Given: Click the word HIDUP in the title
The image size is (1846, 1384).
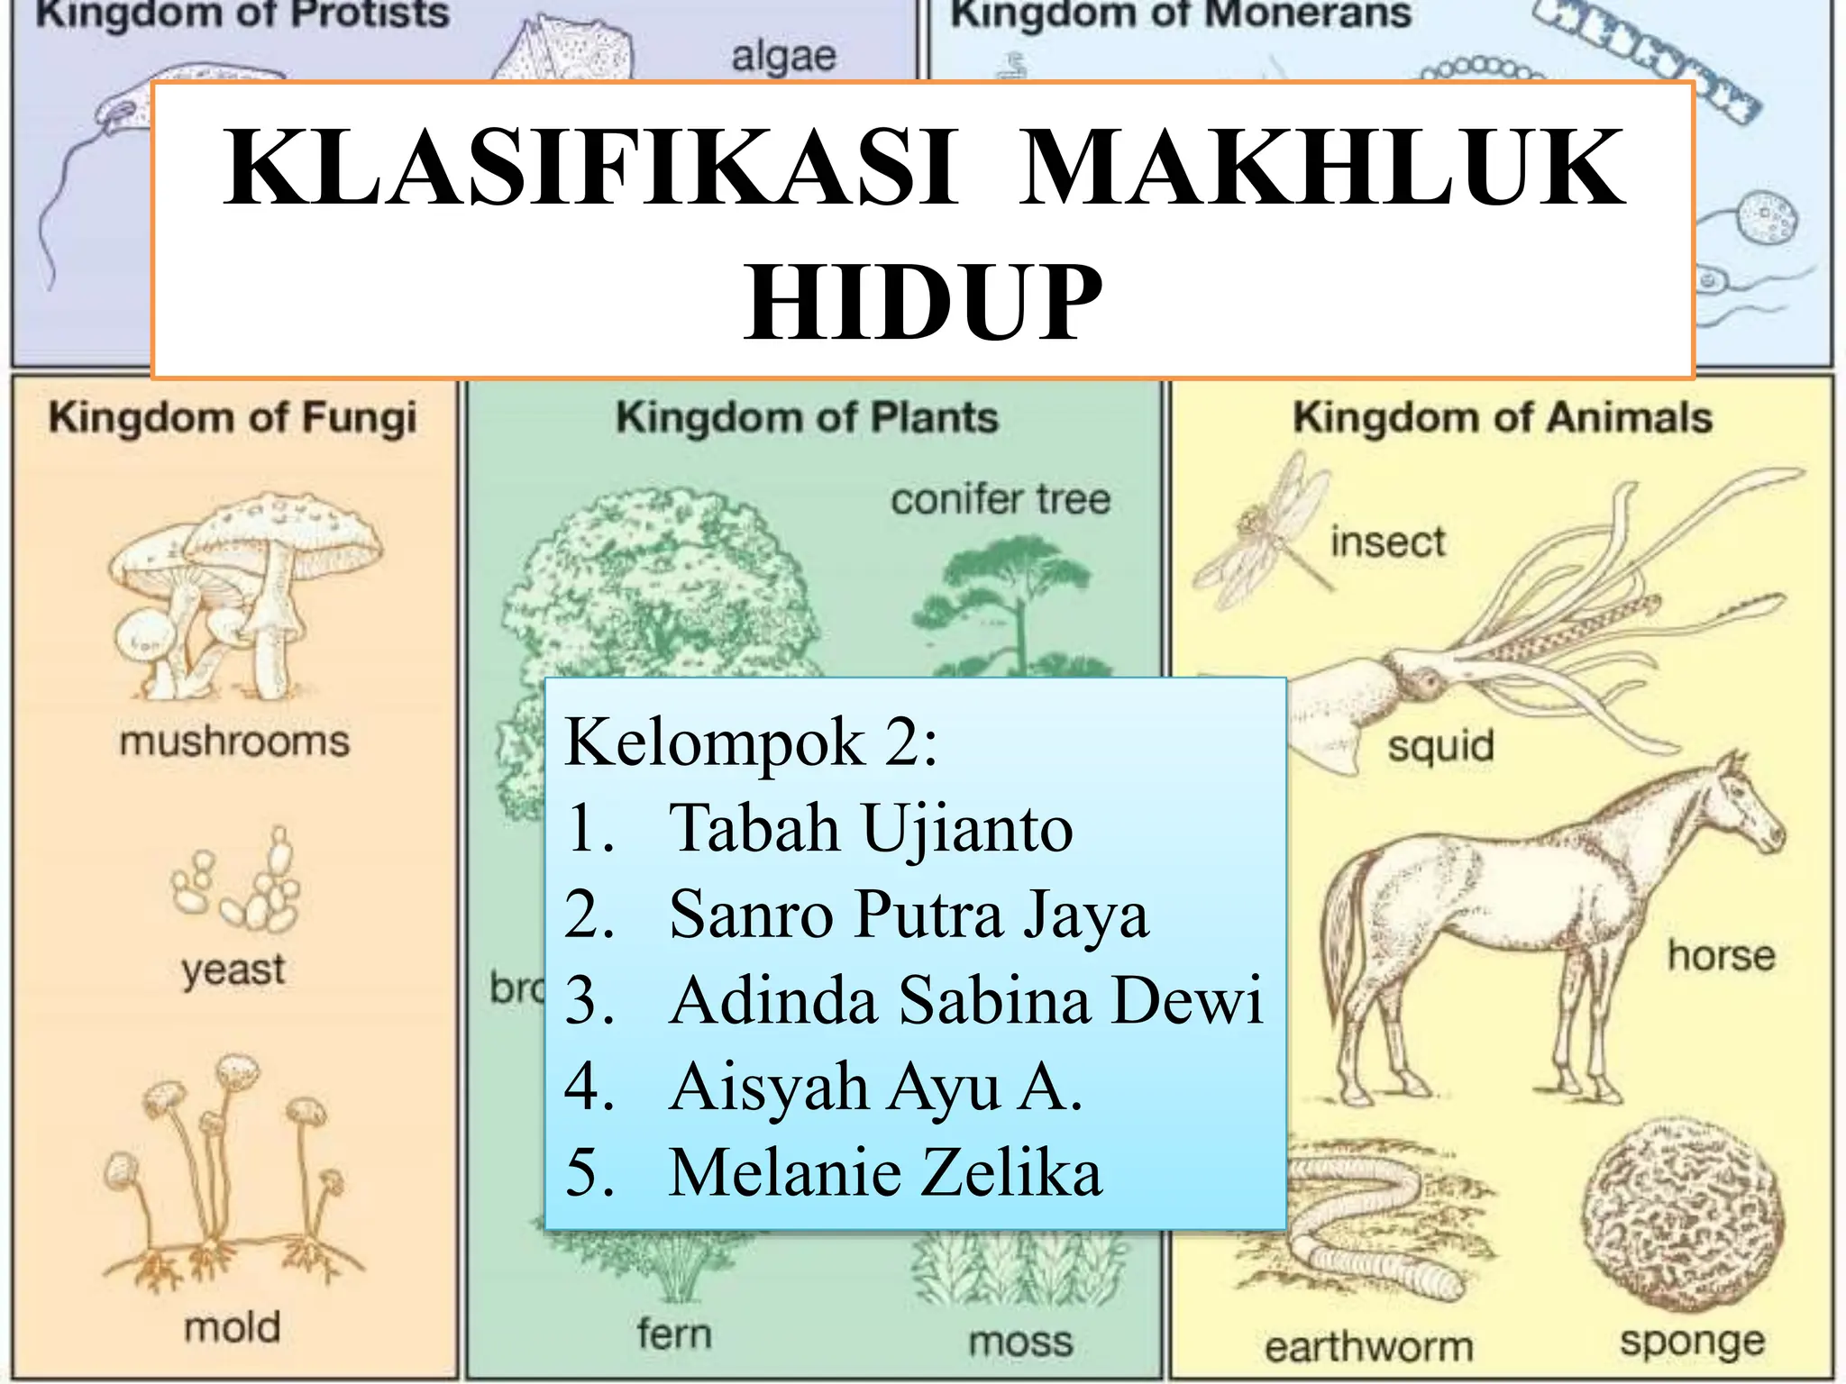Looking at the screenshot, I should [923, 303].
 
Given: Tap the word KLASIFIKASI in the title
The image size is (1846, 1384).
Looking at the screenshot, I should [590, 168].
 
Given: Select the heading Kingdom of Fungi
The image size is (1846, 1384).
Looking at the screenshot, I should [233, 418].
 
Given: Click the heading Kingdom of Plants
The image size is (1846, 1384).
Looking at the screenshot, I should [807, 418].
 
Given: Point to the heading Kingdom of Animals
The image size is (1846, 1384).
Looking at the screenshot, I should [1502, 418].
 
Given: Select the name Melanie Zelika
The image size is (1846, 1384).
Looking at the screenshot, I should [884, 1172].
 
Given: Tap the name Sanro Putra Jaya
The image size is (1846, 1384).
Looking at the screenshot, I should [909, 914].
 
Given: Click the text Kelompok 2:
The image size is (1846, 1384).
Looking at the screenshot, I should [751, 742].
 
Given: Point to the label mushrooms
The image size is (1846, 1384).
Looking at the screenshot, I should [234, 742].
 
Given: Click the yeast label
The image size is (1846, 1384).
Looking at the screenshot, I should [233, 970].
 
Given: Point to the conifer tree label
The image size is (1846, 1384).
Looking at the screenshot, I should [1001, 499].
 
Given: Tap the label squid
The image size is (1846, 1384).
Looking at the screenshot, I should [1440, 746].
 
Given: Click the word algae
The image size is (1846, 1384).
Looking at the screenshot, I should [783, 57].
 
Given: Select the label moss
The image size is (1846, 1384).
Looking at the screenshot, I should [1020, 1342].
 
